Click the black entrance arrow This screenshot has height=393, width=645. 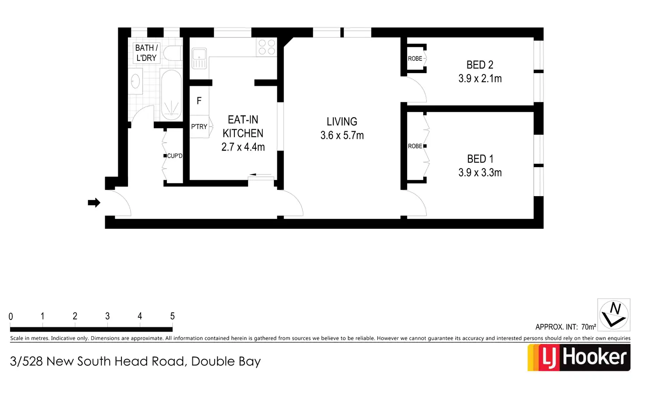pyautogui.click(x=94, y=203)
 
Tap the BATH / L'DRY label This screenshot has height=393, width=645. pyautogui.click(x=146, y=53)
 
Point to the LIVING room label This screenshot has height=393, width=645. pyautogui.click(x=342, y=122)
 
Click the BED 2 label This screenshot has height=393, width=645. pyautogui.click(x=480, y=65)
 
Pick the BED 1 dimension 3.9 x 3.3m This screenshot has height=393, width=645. pyautogui.click(x=480, y=172)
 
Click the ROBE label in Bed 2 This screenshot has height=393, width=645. pyautogui.click(x=415, y=59)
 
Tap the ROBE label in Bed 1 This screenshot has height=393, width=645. pyautogui.click(x=415, y=146)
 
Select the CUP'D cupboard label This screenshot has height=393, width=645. pyautogui.click(x=174, y=156)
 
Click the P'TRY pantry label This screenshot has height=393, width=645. pyautogui.click(x=199, y=126)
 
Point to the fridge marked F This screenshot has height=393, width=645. pyautogui.click(x=199, y=101)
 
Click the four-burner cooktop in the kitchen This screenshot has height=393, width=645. pyautogui.click(x=266, y=47)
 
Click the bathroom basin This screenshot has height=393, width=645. pyautogui.click(x=136, y=81)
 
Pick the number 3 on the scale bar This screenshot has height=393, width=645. pyautogui.click(x=107, y=316)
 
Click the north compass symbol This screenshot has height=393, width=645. pyautogui.click(x=614, y=315)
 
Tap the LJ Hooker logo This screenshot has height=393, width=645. pyautogui.click(x=579, y=358)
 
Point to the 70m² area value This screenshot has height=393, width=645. pyautogui.click(x=588, y=327)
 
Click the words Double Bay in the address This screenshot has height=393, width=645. pyautogui.click(x=226, y=361)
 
